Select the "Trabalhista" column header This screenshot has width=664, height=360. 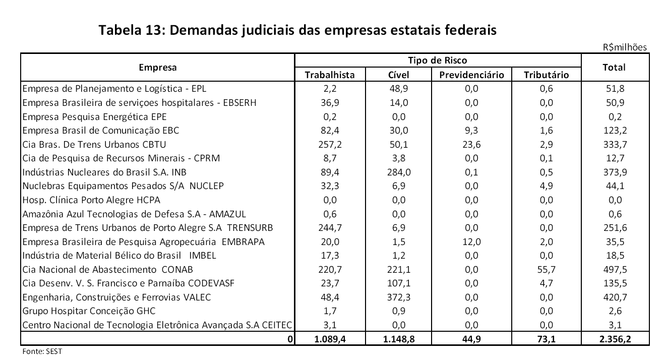[330, 75]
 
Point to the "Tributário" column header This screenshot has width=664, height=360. [546, 75]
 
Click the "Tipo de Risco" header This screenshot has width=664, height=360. [437, 61]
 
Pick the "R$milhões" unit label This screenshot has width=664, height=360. [625, 47]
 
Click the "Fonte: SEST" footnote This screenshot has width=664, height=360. [42, 351]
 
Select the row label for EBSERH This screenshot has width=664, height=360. [139, 103]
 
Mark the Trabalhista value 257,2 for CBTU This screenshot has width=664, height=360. [330, 144]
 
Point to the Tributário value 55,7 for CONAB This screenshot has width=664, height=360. [546, 269]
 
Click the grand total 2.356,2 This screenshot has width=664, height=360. [614, 339]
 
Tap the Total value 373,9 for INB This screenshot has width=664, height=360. [614, 172]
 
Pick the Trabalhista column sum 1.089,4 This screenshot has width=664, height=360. [330, 339]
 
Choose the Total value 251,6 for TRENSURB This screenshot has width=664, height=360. [614, 228]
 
